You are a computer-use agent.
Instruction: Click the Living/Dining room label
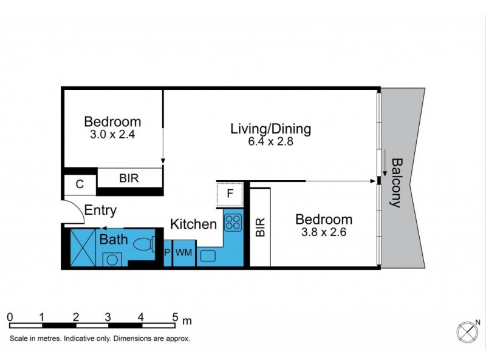pos(270,129)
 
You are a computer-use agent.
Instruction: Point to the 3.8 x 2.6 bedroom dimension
pos(323,232)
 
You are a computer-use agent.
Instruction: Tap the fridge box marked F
pos(230,195)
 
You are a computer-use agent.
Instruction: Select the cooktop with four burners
pos(233,223)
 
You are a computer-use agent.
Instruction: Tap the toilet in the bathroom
pos(143,245)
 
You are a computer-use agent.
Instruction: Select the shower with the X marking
pos(83,247)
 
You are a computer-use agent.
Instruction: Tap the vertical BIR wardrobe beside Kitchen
pos(260,228)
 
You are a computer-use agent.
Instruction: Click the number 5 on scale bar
pos(175,317)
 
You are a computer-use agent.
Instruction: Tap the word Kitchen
pos(193,224)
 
